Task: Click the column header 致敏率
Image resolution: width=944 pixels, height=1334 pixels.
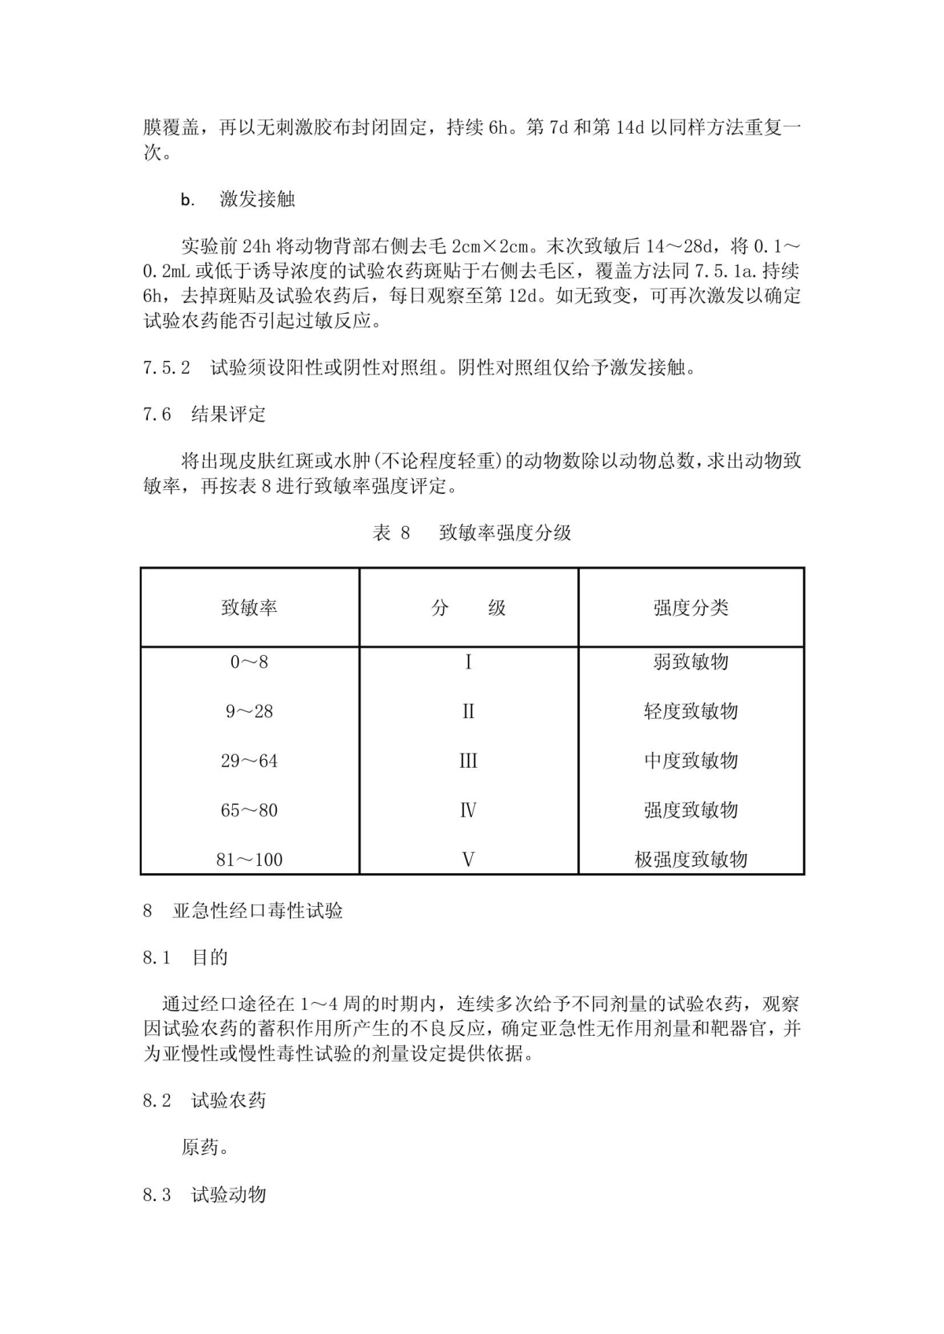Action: coord(249,608)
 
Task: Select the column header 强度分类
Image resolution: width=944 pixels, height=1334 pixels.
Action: coord(691,608)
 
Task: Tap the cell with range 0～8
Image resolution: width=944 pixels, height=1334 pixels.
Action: coord(249,662)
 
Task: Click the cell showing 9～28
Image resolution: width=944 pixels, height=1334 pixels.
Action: coord(249,712)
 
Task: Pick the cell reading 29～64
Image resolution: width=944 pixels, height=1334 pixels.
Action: coord(249,761)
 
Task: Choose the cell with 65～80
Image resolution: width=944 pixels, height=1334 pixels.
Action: coord(249,811)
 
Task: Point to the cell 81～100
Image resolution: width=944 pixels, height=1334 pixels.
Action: coord(249,860)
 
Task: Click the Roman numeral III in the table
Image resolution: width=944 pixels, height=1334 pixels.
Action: coord(468,761)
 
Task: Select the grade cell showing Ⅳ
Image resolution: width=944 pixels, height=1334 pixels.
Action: coord(468,811)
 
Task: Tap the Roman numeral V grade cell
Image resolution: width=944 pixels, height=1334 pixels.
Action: coord(468,860)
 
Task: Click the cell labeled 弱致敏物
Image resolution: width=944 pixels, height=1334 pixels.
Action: coord(691,662)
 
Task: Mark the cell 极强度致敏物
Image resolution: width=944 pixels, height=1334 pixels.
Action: coord(691,860)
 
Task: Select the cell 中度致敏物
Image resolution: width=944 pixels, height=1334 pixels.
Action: coord(691,761)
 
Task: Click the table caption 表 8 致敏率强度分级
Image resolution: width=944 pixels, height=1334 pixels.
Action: coord(472,533)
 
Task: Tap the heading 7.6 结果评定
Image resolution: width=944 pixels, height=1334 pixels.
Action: coord(205,415)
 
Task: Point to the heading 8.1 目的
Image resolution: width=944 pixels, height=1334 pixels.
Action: coord(186,958)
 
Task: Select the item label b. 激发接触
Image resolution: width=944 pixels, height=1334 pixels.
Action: coord(238,200)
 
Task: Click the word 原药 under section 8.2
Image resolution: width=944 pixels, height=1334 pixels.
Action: coord(205,1148)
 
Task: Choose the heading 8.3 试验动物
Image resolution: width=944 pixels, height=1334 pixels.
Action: coord(205,1195)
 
